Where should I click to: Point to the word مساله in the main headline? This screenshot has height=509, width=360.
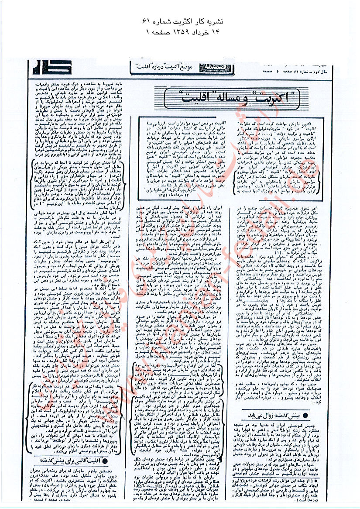point(232,93)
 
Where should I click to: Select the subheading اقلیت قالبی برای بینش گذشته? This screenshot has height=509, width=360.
point(73,457)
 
